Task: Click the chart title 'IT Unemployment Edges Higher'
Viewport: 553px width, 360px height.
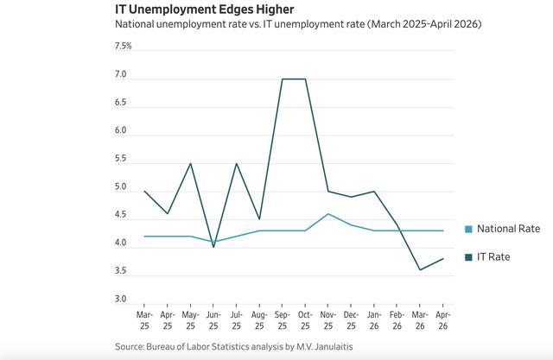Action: tap(205, 9)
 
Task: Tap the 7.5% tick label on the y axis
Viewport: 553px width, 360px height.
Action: tap(123, 46)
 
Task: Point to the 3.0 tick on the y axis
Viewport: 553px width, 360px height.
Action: tap(120, 299)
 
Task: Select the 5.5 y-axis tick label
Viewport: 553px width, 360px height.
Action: tap(120, 159)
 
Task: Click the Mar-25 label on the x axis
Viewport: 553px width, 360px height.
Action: tap(144, 320)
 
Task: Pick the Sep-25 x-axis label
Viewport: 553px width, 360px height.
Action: tap(283, 320)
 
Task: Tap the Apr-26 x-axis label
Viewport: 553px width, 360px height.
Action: tap(443, 320)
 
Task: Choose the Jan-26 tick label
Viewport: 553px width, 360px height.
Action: tap(374, 320)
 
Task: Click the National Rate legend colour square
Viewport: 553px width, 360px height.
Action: tap(468, 229)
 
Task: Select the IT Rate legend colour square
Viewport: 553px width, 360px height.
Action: tap(468, 257)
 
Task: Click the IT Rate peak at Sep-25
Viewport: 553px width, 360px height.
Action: tap(283, 79)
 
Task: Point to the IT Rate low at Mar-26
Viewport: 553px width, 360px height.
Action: tap(420, 270)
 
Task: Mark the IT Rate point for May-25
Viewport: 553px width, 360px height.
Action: tap(190, 163)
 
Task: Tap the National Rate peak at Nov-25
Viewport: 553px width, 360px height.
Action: tap(328, 214)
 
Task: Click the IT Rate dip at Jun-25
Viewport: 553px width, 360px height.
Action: tap(213, 247)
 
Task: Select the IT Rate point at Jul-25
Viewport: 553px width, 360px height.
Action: tap(236, 163)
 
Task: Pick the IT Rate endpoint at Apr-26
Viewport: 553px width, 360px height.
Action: tap(443, 258)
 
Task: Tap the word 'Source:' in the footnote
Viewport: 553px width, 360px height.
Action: tap(130, 346)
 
